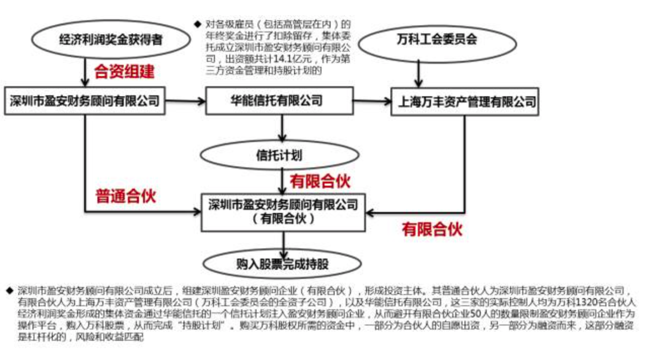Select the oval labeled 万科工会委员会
pos(437,40)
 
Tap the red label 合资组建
pos(124,71)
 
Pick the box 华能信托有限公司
pos(279,100)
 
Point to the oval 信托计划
pos(278,155)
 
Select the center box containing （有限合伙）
pos(283,212)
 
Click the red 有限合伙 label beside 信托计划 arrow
pos(319,181)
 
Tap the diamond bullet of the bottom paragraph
pos(10,291)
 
